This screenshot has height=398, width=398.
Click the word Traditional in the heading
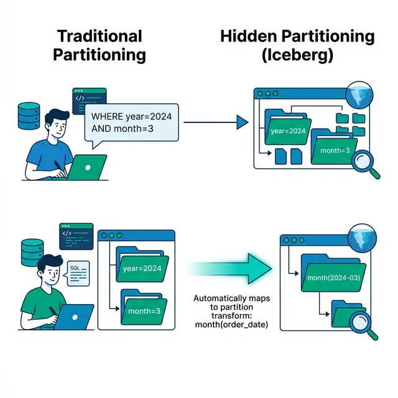coord(99,36)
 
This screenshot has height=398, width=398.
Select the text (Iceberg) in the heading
coord(297,55)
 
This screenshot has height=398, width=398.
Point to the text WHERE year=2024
coord(131,116)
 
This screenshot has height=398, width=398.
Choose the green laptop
coord(86,167)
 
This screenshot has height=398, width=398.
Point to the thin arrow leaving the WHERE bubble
coord(211,123)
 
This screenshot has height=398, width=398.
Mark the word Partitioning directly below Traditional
coord(99,55)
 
